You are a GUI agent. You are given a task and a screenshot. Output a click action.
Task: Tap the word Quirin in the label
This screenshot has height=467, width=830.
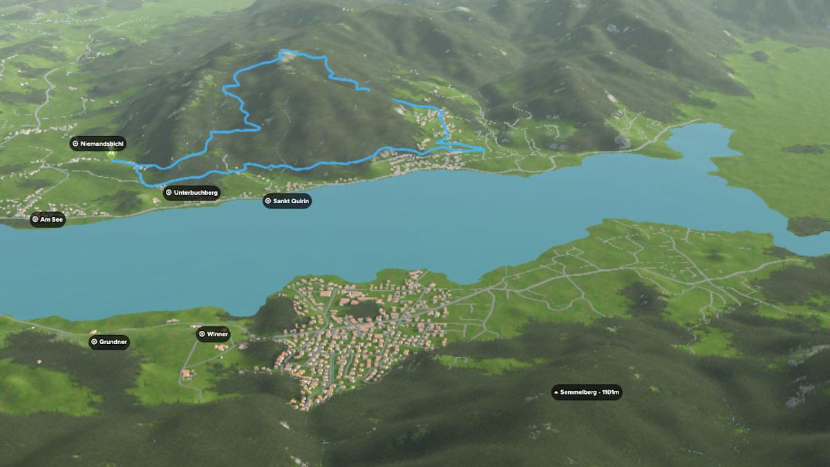[x=300, y=201]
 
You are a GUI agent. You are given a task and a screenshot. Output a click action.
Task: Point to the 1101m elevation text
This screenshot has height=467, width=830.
[x=611, y=392]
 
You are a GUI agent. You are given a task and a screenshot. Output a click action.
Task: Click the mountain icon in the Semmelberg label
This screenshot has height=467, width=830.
[x=556, y=392]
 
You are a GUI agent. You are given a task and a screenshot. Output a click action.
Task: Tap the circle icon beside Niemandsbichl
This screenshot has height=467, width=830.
[x=75, y=144]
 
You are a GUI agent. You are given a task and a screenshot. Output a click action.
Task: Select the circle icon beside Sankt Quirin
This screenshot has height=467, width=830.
[x=268, y=201]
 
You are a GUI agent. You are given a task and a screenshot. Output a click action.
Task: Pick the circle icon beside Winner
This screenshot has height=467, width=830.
[x=202, y=334]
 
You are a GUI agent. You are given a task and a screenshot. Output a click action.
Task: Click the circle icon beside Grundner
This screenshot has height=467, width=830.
[x=94, y=342]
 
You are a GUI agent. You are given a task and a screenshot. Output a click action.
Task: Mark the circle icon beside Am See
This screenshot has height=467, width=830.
[x=35, y=220]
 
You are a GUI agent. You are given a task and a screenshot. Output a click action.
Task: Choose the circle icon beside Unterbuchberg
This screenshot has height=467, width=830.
[x=169, y=193]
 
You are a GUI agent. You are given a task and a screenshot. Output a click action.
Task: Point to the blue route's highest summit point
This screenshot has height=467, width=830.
[x=283, y=52]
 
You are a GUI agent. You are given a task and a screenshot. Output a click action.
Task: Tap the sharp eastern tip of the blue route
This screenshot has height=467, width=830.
[x=482, y=149]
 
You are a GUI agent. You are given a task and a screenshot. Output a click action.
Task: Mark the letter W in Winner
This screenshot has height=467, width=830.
[x=209, y=334]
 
